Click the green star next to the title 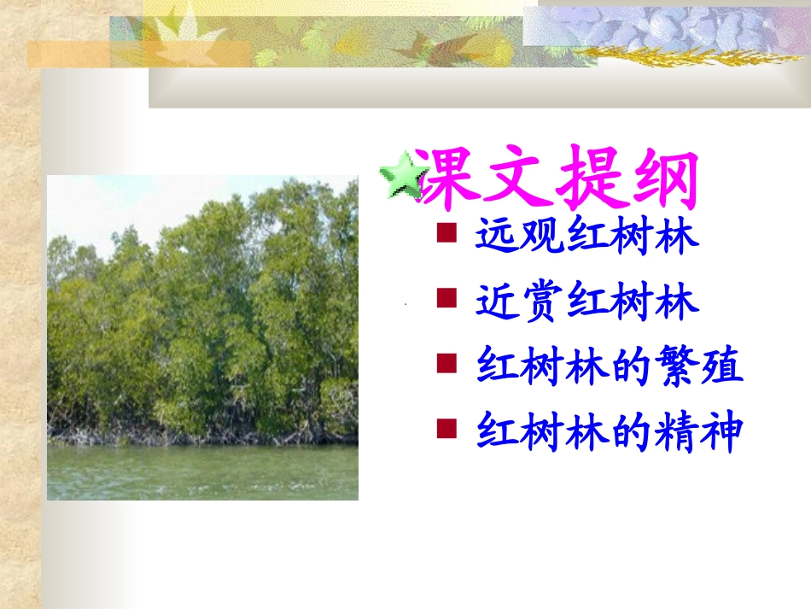(401, 177)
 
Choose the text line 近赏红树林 (588, 302)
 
